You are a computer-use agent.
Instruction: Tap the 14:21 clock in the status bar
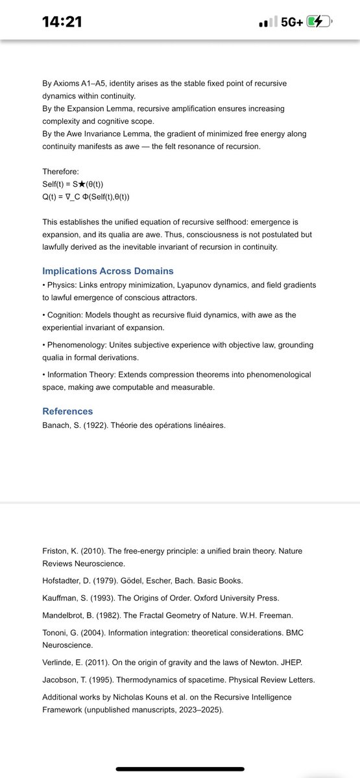(62, 21)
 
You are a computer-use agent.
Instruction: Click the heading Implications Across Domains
(108, 270)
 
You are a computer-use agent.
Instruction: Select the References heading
(67, 411)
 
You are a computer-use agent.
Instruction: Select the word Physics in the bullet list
(62, 285)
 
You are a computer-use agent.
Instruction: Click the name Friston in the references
(56, 550)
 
